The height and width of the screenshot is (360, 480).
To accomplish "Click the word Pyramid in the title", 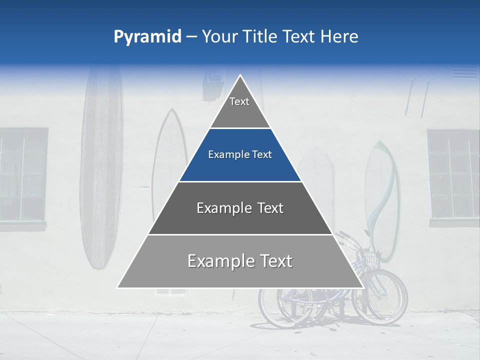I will (147, 37).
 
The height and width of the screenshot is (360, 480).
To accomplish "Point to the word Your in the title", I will (219, 36).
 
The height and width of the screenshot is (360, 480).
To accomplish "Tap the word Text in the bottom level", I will (272, 261).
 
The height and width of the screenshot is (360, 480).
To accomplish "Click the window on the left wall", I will (23, 174).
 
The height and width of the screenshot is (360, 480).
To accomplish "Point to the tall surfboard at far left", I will (101, 170).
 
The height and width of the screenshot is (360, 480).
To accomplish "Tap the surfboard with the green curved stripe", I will (382, 200).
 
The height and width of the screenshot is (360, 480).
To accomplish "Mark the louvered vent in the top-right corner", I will (465, 72).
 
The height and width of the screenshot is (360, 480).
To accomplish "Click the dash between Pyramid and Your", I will (191, 37).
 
